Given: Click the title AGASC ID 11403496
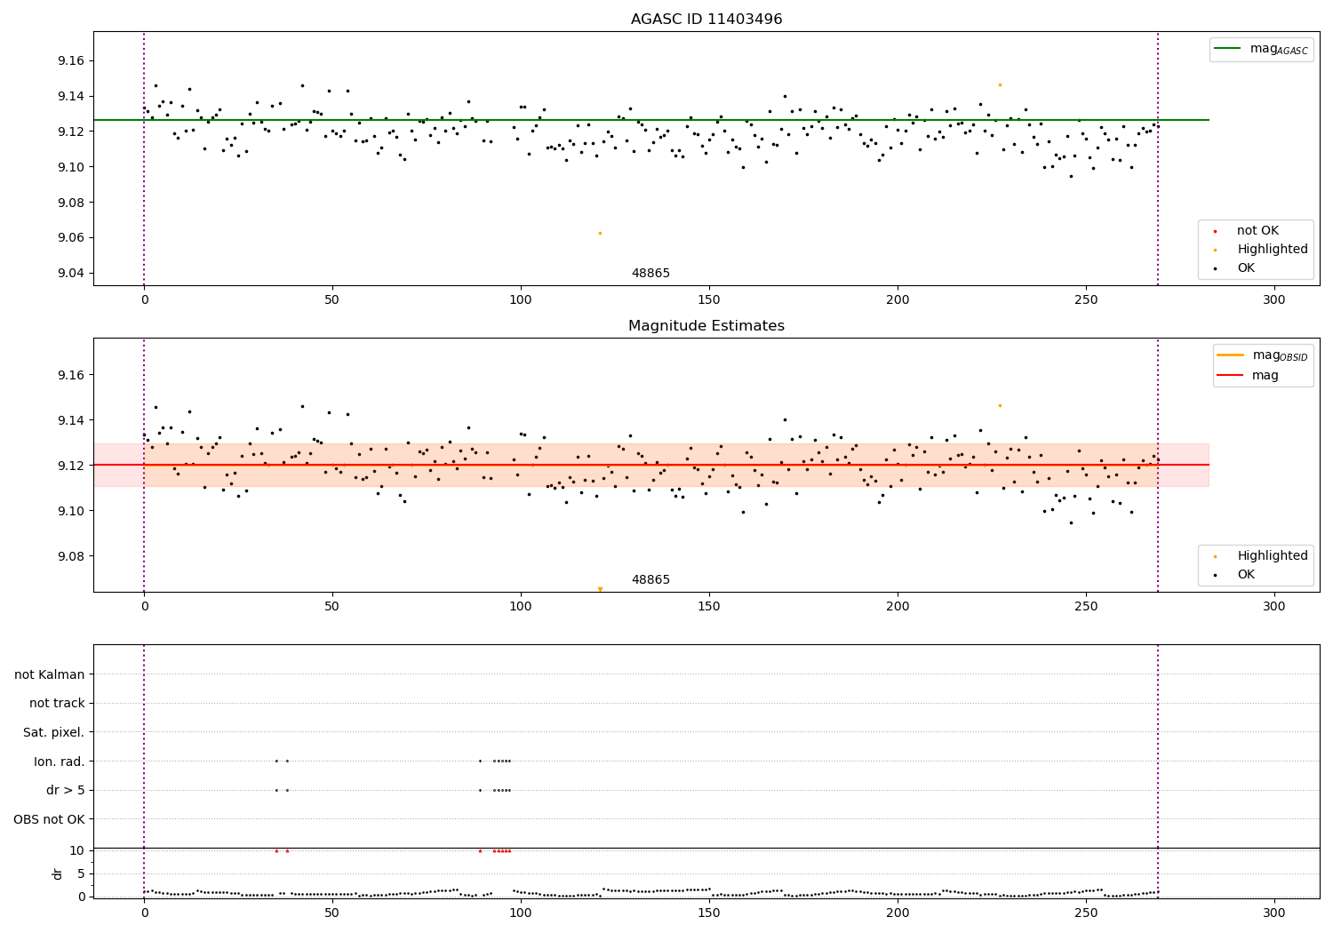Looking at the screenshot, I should [706, 20].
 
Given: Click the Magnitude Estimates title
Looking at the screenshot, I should [706, 326].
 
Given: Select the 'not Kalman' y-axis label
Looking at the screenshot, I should [49, 674].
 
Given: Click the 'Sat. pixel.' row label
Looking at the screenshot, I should [53, 732].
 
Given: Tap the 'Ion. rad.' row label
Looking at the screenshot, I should [59, 762].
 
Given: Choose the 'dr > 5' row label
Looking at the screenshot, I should [65, 790].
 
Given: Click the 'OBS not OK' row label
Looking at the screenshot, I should [49, 819].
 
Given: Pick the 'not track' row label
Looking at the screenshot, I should [57, 704].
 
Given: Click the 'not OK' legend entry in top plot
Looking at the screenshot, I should [1257, 231].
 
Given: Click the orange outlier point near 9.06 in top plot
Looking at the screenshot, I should [600, 233].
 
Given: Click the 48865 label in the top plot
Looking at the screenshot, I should [651, 274].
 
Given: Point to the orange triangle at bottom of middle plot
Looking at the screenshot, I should [600, 589].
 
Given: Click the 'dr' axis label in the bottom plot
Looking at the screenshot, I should [58, 873].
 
